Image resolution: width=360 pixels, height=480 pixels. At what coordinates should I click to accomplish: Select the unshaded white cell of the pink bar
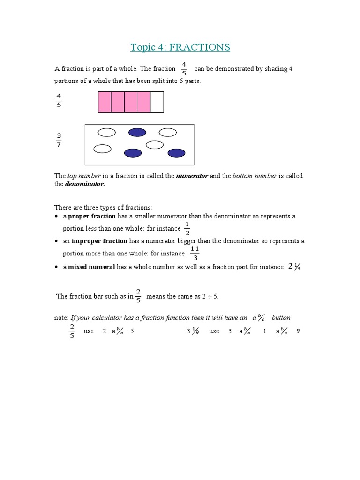[157, 102]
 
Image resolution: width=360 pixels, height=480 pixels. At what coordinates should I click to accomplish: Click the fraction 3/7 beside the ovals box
[59, 140]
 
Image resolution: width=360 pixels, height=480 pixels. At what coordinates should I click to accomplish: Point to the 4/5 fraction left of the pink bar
[59, 100]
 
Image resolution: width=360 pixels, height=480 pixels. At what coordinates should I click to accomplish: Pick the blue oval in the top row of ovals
[137, 133]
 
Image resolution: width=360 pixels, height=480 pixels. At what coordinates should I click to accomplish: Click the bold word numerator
[192, 176]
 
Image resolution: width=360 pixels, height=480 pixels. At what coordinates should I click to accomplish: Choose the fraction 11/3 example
[195, 253]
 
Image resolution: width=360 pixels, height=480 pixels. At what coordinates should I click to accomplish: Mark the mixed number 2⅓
[294, 267]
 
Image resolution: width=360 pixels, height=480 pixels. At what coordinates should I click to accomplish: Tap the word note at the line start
[61, 318]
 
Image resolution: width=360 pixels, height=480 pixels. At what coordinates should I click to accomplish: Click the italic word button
[281, 318]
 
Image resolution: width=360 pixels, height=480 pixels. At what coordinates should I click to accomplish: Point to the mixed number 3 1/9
[192, 331]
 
